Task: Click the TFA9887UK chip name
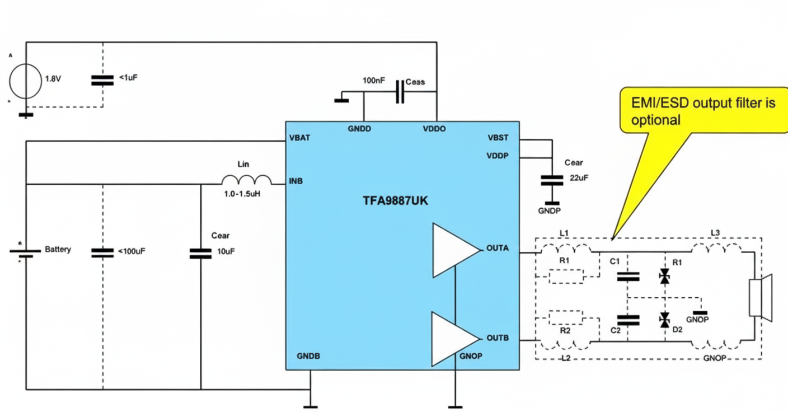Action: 395,200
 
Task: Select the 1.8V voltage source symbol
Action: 25,80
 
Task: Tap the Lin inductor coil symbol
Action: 246,180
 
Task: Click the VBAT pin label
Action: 300,138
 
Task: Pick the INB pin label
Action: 296,181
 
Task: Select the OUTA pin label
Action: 498,248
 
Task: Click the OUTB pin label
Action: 498,338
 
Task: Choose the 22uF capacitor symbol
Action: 551,180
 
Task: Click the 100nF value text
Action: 373,81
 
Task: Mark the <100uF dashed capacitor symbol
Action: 102,252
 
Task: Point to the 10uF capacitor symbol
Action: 200,253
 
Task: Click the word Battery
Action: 58,249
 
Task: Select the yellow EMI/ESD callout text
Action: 703,111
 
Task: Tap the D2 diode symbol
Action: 664,320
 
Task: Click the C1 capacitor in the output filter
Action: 627,275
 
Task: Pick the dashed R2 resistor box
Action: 565,319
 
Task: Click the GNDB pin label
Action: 308,356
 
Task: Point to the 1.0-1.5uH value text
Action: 242,194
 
